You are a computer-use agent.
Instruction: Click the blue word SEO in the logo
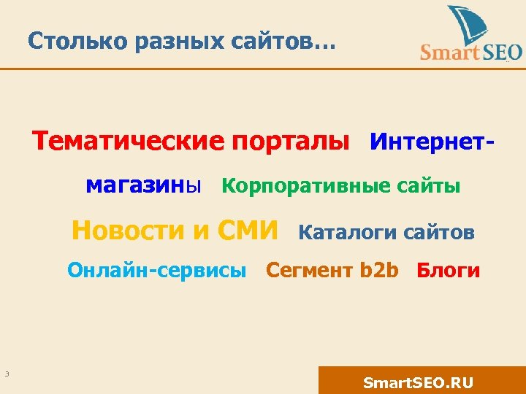[x=503, y=53]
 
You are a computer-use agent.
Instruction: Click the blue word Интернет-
[x=432, y=140]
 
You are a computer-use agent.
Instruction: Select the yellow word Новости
[x=129, y=231]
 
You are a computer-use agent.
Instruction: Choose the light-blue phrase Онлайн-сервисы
[x=157, y=271]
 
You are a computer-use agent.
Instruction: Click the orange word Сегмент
[x=310, y=271]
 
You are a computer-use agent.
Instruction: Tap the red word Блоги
[x=449, y=271]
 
